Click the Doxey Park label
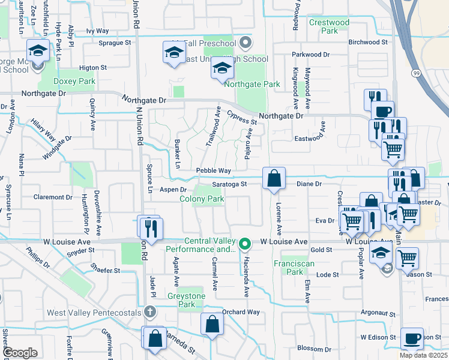pos(74,81)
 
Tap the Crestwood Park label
pos(329,26)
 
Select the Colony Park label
pos(202,199)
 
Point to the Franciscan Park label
pos(288,268)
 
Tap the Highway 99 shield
pos(415,73)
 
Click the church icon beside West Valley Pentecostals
pos(150,312)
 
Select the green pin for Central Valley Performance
pos(244,244)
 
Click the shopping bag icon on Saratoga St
pos(274,178)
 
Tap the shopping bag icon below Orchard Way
pos(212,325)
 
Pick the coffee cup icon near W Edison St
pos(412,338)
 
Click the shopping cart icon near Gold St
pos(407,257)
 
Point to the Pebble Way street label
pos(214,171)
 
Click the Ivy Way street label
pos(97,31)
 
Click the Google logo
pos(20,353)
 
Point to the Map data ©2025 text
pos(423,355)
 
